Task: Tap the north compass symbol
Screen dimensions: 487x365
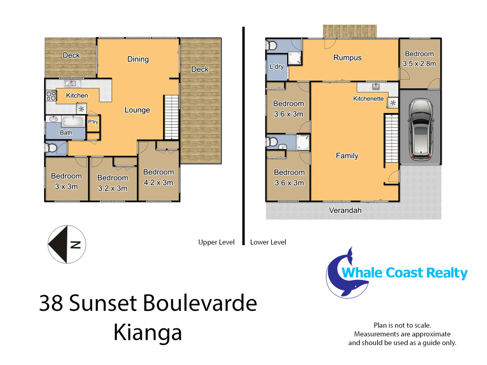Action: click(67, 244)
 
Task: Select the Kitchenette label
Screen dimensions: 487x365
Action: click(369, 99)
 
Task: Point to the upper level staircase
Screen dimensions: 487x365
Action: click(171, 117)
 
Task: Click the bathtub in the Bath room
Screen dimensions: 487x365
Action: click(73, 121)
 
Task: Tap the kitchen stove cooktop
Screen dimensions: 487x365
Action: click(51, 96)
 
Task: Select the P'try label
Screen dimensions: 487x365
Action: click(93, 122)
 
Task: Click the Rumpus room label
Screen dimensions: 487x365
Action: click(348, 58)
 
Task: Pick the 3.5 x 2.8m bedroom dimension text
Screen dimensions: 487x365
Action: click(419, 64)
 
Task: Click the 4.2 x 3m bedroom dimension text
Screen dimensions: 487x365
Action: click(158, 182)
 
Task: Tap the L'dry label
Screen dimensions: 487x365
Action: click(276, 67)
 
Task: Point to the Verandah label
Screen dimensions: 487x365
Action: click(345, 211)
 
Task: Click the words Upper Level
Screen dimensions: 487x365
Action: click(216, 242)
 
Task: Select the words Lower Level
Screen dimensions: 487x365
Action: click(268, 242)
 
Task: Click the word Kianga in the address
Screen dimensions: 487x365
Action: click(147, 333)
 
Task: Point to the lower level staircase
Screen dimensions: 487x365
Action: click(391, 138)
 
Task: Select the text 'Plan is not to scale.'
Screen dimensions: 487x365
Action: click(402, 325)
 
